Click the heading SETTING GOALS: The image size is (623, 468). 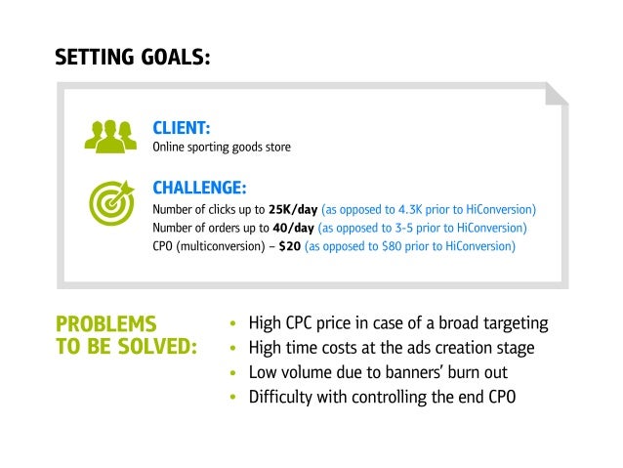point(132,57)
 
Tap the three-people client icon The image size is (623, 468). point(110,137)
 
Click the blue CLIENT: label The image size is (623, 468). point(183,128)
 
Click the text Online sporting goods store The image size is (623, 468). point(222,148)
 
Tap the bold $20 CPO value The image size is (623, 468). point(289,247)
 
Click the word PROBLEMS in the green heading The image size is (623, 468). point(106,323)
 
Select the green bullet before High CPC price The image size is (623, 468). point(232,324)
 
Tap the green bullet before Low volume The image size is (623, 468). point(232,374)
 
